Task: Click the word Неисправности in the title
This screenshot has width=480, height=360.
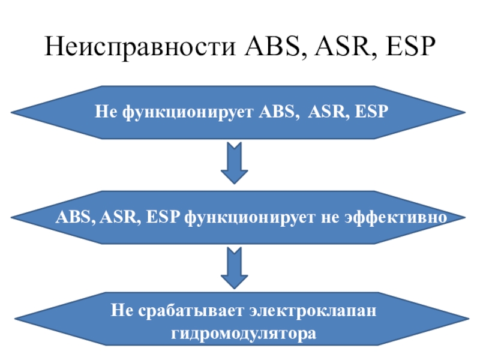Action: point(142,46)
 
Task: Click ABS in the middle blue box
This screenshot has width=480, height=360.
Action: point(71,217)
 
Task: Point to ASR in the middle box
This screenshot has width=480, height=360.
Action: point(118,217)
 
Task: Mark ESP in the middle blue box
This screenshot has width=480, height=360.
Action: point(162,217)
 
